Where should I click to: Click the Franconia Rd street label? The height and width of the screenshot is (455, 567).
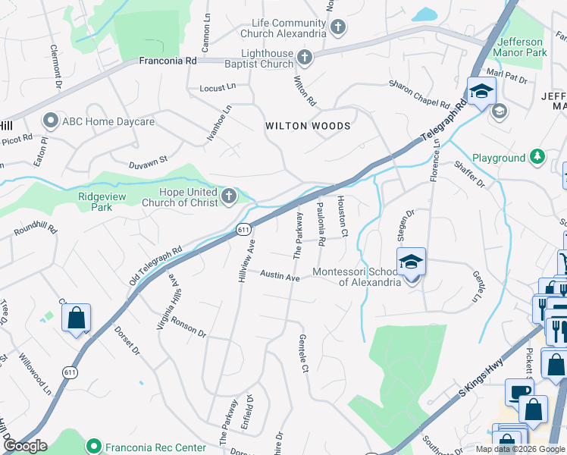[168, 59]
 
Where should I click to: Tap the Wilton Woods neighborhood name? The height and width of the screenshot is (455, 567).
[308, 126]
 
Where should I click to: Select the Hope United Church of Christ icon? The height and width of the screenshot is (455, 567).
[229, 196]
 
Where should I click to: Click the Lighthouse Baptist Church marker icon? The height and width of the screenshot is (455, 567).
[304, 58]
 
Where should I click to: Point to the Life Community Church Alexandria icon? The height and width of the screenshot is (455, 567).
[338, 28]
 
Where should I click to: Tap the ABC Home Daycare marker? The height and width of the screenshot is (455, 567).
[52, 121]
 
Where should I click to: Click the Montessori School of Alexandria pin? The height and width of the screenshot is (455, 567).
[411, 263]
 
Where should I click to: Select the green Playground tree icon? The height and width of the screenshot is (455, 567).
[537, 157]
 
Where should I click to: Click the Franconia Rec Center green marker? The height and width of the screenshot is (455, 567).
[94, 447]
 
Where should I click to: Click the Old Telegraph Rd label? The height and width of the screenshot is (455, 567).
[155, 265]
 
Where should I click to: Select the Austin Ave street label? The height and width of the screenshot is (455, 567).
[280, 277]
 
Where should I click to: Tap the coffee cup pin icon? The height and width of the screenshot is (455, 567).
[520, 391]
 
